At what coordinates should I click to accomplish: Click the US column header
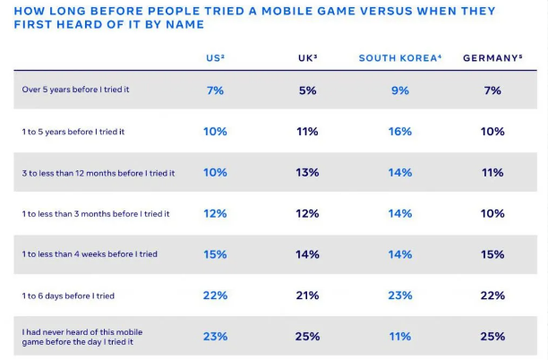(x=215, y=58)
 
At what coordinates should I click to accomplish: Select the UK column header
(x=307, y=58)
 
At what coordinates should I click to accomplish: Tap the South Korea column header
(x=399, y=58)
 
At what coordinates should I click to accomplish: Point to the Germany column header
(x=492, y=58)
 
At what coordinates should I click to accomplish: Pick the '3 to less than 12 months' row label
(x=98, y=173)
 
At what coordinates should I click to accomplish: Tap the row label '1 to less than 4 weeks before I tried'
(x=90, y=254)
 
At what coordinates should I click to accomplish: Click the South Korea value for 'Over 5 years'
(x=400, y=90)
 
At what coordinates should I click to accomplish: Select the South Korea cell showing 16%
(x=400, y=132)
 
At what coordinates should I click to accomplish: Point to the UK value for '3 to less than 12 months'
(x=307, y=173)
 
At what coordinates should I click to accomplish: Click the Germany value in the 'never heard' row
(x=492, y=337)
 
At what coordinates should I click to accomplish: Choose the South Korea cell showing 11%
(x=400, y=337)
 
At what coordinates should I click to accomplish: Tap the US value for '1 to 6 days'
(x=215, y=296)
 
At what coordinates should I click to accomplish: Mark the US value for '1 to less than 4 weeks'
(x=215, y=254)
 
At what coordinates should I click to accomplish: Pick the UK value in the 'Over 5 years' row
(x=307, y=90)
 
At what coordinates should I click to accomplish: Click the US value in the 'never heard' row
(x=215, y=337)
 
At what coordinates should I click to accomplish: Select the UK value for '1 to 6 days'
(x=307, y=296)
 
